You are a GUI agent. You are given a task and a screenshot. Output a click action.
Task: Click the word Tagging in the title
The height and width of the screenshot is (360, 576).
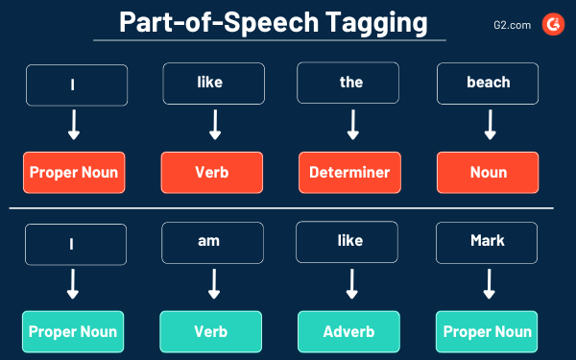click(x=370, y=22)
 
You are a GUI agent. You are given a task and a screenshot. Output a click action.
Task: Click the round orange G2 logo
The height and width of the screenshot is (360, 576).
click(x=554, y=22)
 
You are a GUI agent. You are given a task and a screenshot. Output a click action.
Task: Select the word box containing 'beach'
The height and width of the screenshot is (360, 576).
click(x=489, y=84)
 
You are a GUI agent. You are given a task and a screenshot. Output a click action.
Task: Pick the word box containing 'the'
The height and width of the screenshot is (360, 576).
click(x=351, y=83)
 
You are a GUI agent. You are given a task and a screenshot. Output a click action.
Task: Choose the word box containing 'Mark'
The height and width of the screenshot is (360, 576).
click(x=488, y=243)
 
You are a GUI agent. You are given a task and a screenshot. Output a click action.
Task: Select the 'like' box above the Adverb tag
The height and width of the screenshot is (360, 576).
click(x=349, y=243)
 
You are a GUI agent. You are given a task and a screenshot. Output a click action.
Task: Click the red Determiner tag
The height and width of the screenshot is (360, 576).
click(x=349, y=173)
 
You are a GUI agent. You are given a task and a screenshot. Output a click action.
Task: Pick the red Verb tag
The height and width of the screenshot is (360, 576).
click(x=211, y=173)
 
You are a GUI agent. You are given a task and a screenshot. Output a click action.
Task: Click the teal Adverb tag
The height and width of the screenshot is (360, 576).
click(x=348, y=332)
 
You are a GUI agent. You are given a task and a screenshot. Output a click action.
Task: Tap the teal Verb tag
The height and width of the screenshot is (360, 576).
click(x=210, y=332)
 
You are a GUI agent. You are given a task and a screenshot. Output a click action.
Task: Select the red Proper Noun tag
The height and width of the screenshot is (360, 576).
click(x=74, y=173)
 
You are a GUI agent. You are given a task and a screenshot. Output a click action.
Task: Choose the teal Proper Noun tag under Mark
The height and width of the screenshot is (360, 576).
click(x=486, y=332)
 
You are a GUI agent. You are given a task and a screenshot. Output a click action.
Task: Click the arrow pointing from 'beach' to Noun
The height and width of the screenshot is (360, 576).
click(x=489, y=126)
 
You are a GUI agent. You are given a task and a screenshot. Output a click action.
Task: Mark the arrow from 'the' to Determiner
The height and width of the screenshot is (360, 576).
click(x=351, y=126)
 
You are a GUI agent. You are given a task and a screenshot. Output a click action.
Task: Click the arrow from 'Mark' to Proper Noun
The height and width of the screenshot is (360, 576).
click(x=488, y=285)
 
